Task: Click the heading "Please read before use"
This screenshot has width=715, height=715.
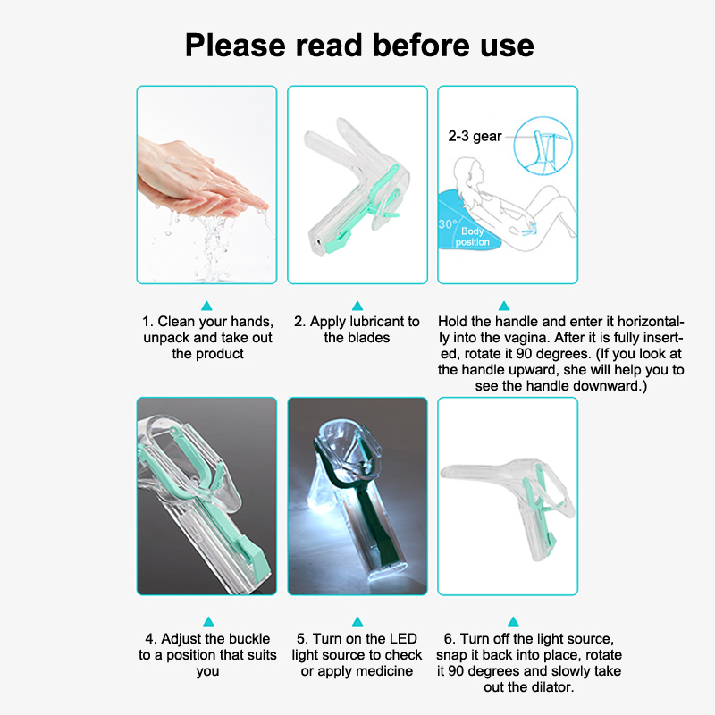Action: [x=359, y=46]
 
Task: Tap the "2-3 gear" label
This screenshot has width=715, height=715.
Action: [x=475, y=137]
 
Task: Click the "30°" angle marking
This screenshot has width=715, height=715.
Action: [x=447, y=224]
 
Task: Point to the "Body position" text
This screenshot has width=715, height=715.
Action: [x=473, y=237]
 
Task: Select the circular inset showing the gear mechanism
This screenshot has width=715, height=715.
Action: [x=543, y=146]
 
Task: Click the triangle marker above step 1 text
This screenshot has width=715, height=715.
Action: [x=207, y=306]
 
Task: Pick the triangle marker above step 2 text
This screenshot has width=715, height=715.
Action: [x=357, y=306]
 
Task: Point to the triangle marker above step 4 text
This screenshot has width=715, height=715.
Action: [x=208, y=621]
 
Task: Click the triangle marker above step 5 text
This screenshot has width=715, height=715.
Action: [x=357, y=621]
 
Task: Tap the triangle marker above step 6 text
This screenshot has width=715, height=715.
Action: [x=513, y=621]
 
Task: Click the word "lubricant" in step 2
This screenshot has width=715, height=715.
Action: [x=371, y=322]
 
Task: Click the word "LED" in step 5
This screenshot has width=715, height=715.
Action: [x=404, y=638]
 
